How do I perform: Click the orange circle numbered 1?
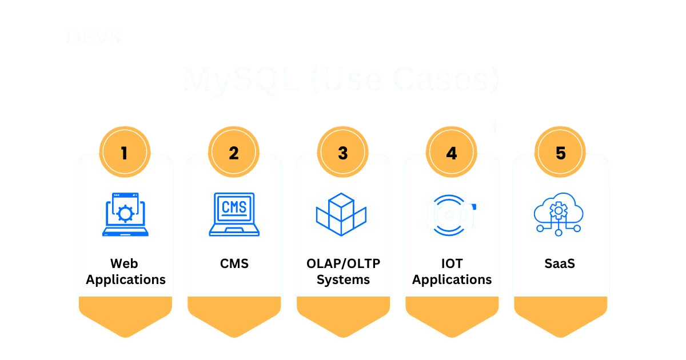125,153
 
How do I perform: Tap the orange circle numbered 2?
234,153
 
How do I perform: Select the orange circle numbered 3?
342,153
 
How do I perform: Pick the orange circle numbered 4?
452,153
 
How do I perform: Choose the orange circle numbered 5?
560,153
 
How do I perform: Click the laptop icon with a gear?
125,214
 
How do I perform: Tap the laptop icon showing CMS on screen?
234,214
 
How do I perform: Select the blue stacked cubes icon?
341,214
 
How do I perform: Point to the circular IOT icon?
451,215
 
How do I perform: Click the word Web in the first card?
125,263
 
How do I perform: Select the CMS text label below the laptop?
234,263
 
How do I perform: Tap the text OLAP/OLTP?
343,263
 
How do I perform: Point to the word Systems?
343,279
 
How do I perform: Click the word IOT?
452,263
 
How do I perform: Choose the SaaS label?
560,263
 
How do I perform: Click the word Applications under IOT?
452,279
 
